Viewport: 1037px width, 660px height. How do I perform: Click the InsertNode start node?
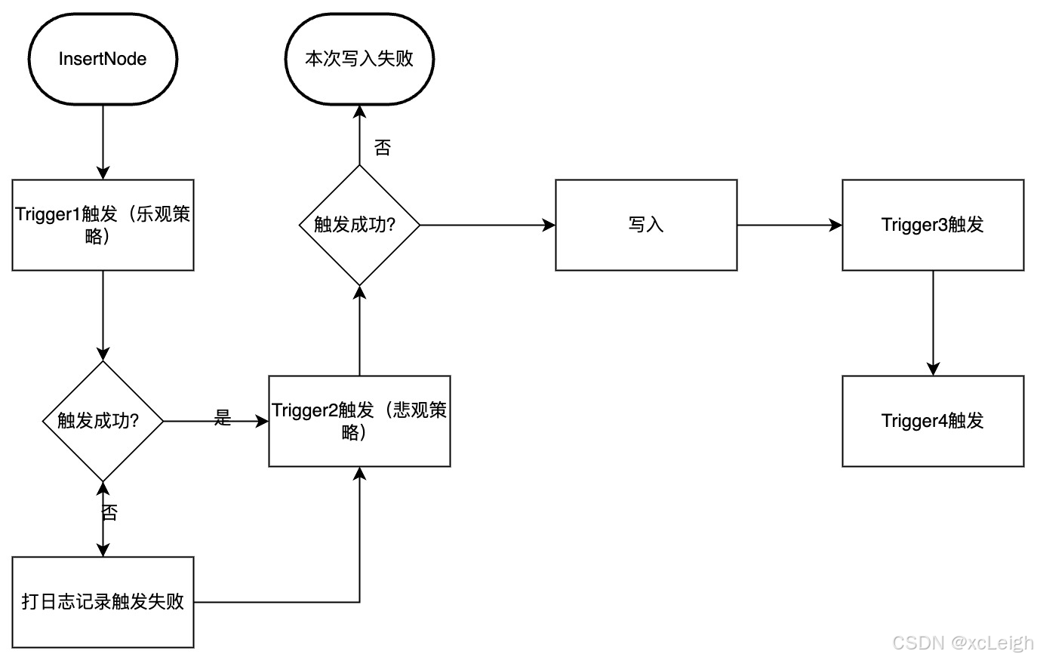pyautogui.click(x=103, y=59)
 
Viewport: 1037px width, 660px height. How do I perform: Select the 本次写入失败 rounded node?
pyautogui.click(x=359, y=59)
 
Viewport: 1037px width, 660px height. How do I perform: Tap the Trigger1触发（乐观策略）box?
pyautogui.click(x=103, y=225)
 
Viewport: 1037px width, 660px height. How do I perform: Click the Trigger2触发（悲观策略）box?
pyautogui.click(x=359, y=421)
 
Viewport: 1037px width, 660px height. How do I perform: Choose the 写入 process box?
pyautogui.click(x=646, y=225)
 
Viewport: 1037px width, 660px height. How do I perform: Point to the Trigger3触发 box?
pyautogui.click(x=933, y=225)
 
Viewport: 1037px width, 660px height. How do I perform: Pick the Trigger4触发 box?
pyautogui.click(x=933, y=421)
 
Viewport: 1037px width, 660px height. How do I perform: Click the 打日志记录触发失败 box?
pyautogui.click(x=103, y=602)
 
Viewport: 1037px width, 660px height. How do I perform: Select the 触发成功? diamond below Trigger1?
pyautogui.click(x=103, y=421)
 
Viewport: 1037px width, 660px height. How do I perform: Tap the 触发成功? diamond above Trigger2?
pyautogui.click(x=359, y=225)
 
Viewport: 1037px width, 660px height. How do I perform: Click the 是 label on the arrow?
pyautogui.click(x=222, y=417)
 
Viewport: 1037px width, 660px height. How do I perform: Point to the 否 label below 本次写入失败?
pyautogui.click(x=383, y=148)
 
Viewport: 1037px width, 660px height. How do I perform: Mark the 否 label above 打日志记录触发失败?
pyautogui.click(x=109, y=513)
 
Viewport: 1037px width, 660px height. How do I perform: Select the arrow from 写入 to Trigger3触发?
pyautogui.click(x=789, y=225)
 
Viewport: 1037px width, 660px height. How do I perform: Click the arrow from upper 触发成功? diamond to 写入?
pyautogui.click(x=487, y=225)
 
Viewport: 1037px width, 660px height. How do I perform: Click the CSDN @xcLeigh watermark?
pyautogui.click(x=962, y=643)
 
